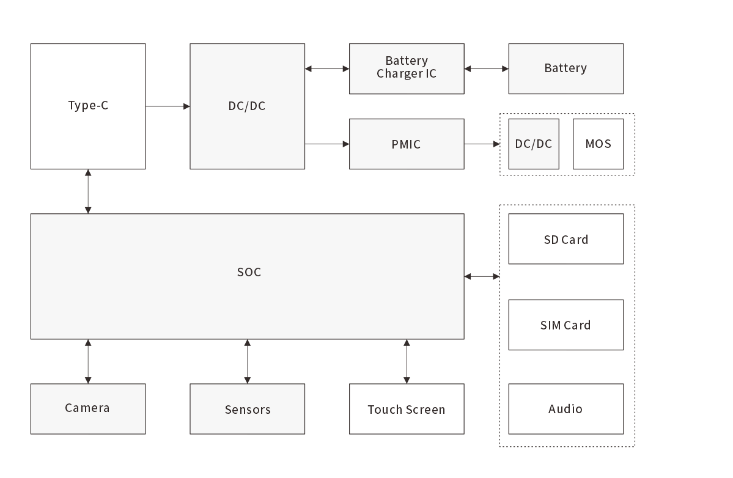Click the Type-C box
(88, 106)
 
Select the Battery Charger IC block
(407, 68)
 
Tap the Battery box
(565, 68)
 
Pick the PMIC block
(407, 144)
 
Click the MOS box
(598, 144)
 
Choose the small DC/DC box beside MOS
(534, 144)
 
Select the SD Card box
(565, 239)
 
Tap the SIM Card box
(565, 325)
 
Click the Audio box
(565, 409)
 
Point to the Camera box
(88, 409)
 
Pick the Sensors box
(248, 409)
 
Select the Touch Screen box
(407, 409)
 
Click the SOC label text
(249, 272)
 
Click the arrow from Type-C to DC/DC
(168, 106)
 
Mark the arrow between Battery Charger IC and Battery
(486, 69)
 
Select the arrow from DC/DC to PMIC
(327, 144)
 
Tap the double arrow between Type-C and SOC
(88, 191)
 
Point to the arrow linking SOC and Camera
(88, 361)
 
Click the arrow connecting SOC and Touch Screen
(407, 361)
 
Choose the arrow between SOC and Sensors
(248, 361)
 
